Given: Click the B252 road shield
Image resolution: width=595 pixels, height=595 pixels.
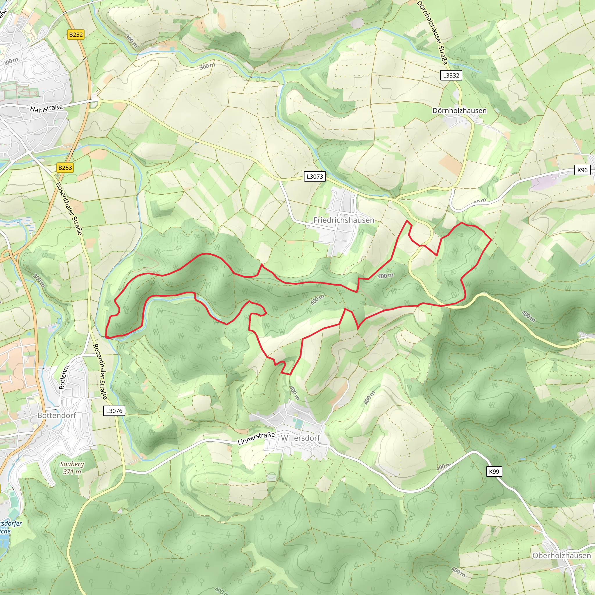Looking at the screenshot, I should pyautogui.click(x=76, y=35).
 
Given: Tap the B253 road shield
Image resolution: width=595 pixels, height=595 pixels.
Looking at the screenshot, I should pyautogui.click(x=65, y=168).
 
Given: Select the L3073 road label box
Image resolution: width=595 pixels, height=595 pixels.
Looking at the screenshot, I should pyautogui.click(x=315, y=176).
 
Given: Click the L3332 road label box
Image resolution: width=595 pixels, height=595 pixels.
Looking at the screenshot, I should pyautogui.click(x=451, y=75).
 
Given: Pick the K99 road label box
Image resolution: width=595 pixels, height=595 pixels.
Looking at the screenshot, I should pyautogui.click(x=494, y=472).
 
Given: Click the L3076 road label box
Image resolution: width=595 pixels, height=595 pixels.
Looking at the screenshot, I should pyautogui.click(x=114, y=411).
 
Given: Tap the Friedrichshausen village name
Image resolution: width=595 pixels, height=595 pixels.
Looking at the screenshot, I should pyautogui.click(x=344, y=220).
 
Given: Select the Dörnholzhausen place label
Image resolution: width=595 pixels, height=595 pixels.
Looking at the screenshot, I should pyautogui.click(x=459, y=111).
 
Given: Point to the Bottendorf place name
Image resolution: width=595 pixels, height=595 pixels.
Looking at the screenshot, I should pyautogui.click(x=57, y=415).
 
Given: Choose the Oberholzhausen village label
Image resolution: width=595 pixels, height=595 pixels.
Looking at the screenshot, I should pyautogui.click(x=561, y=555).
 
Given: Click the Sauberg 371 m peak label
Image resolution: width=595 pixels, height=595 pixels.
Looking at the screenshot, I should pyautogui.click(x=72, y=468).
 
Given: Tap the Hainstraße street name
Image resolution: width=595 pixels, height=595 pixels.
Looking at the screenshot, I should pyautogui.click(x=46, y=108).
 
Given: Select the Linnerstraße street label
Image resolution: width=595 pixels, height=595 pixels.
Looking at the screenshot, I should pyautogui.click(x=256, y=438).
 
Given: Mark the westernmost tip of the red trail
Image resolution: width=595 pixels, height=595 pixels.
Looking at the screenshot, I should pyautogui.click(x=106, y=337).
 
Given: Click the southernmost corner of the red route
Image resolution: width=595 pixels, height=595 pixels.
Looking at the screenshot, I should pyautogui.click(x=290, y=374).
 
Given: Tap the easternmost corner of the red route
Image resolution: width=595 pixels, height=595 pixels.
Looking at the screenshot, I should pyautogui.click(x=491, y=239).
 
